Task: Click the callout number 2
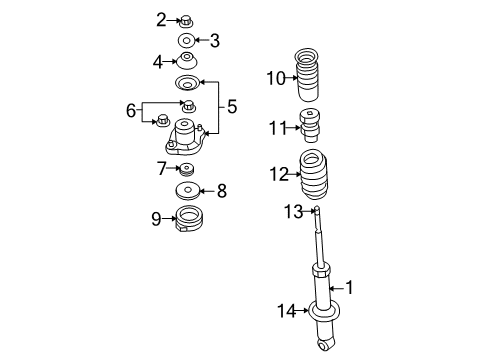pos(161,18)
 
